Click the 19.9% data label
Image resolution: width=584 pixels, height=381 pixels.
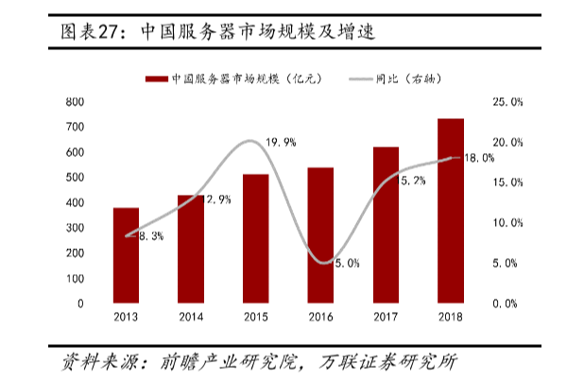pyautogui.click(x=281, y=142)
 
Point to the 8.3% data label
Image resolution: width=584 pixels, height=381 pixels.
pyautogui.click(x=151, y=236)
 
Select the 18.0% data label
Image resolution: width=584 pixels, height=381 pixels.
pyautogui.click(x=477, y=158)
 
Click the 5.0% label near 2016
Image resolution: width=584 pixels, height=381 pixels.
pyautogui.click(x=346, y=263)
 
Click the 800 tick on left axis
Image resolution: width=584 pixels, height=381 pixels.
pyautogui.click(x=75, y=101)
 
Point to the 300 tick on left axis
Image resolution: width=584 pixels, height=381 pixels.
pyautogui.click(x=75, y=228)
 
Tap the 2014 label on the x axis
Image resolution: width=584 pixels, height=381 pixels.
pyautogui.click(x=191, y=319)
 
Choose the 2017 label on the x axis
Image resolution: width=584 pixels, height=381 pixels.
pyautogui.click(x=385, y=319)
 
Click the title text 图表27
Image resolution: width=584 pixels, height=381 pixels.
pyautogui.click(x=91, y=31)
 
